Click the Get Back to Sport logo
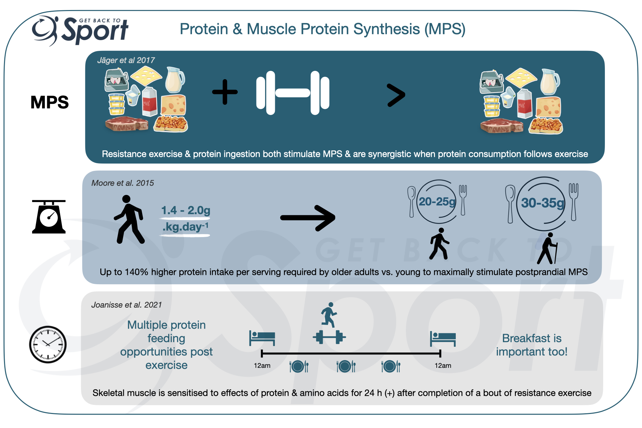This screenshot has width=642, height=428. pyautogui.click(x=80, y=31)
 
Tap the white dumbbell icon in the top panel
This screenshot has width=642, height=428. pyautogui.click(x=293, y=93)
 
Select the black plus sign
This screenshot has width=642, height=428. pyautogui.click(x=225, y=92)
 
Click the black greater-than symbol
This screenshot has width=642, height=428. pyautogui.click(x=396, y=95)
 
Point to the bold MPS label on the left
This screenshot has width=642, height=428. pyautogui.click(x=49, y=102)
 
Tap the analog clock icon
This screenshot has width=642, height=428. pyautogui.click(x=48, y=344)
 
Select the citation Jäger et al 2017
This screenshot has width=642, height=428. pyautogui.click(x=126, y=60)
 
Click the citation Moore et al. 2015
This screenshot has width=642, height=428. pyautogui.click(x=122, y=183)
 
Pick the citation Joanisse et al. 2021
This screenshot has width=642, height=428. pyautogui.click(x=126, y=305)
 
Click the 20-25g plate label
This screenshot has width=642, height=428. pyautogui.click(x=437, y=202)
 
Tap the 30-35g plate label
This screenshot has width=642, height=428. pyautogui.click(x=542, y=203)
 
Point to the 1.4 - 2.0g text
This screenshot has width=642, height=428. pyautogui.click(x=186, y=210)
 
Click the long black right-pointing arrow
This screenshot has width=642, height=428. pyautogui.click(x=308, y=218)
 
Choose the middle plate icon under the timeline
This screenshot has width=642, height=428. pyautogui.click(x=346, y=366)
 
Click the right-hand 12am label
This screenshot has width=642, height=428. pyautogui.click(x=443, y=365)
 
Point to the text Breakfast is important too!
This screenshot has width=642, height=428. pyautogui.click(x=532, y=345)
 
